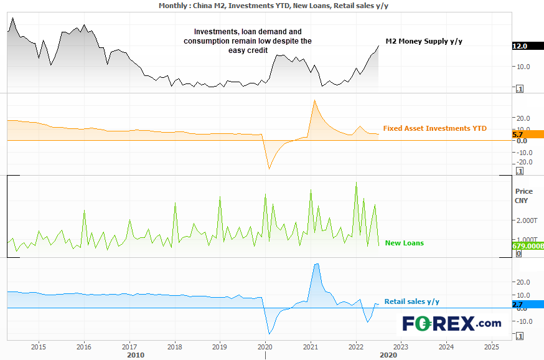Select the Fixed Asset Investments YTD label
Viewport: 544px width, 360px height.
click(434, 128)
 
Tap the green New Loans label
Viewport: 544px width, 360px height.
click(404, 243)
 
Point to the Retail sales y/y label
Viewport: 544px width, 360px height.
click(411, 301)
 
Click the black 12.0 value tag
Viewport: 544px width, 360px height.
click(520, 46)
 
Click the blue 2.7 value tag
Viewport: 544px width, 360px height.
click(518, 305)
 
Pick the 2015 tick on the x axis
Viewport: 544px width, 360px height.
click(39, 346)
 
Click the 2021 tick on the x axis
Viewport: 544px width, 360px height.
click(310, 346)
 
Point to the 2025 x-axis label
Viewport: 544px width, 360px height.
click(491, 346)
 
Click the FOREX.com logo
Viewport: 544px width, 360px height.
click(451, 323)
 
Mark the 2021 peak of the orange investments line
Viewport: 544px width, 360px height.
click(314, 100)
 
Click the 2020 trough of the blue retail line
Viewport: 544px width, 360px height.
click(269, 334)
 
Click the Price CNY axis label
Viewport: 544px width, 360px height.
click(524, 196)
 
